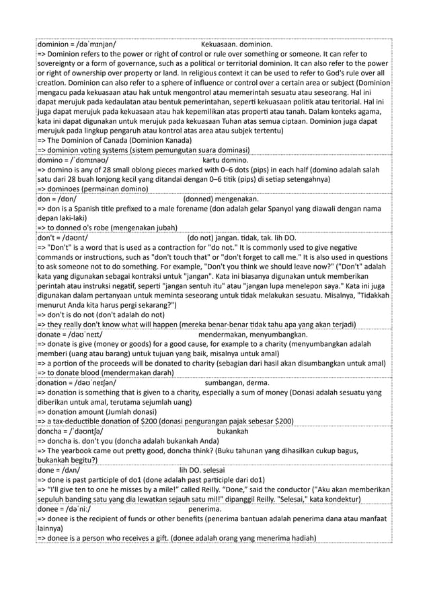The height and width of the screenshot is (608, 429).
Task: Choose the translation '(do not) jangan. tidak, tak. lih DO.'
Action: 242,238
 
